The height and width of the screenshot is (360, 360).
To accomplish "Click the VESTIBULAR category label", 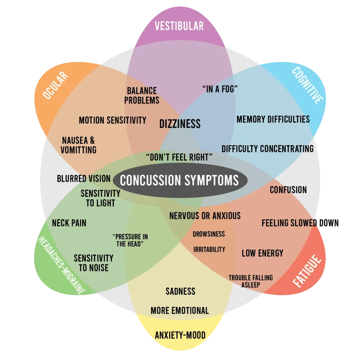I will coord(179,26).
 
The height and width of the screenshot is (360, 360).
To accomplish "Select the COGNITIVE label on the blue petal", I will coord(307,85).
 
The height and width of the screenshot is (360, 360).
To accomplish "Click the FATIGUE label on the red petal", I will coord(307,271).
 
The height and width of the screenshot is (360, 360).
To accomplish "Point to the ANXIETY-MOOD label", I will coord(180,335).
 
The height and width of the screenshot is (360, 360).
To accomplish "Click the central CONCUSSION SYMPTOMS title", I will coord(179,180).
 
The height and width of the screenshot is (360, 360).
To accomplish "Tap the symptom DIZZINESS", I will coord(180,124).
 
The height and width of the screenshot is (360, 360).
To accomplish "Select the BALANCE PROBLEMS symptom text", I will coord(142,96).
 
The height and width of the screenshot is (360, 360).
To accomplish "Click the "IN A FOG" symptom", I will coord(220,89).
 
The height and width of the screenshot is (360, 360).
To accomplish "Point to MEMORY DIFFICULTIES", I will coord(273,120).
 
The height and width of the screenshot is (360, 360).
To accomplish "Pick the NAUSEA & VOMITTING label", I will coord(78,145).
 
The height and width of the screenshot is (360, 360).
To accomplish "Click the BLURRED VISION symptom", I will coord(84,179).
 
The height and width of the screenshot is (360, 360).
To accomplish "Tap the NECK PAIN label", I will coord(69,223).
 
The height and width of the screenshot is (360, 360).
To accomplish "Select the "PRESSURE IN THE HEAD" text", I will coord(130,240).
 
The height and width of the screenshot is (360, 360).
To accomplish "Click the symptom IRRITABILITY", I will coord(209,249).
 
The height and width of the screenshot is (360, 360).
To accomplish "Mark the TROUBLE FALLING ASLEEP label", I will coord(251,281).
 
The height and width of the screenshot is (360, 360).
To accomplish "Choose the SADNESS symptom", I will coord(180,291).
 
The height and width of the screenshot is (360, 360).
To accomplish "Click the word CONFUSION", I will coord(288,190).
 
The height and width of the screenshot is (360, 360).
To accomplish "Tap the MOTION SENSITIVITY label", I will coord(112,120).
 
